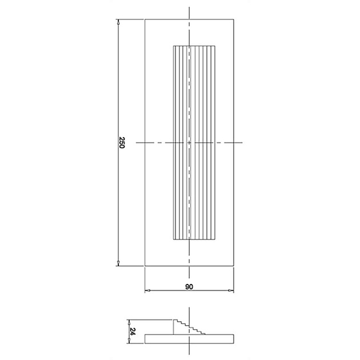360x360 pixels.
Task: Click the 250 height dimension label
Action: (122, 142)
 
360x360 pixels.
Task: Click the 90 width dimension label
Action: (189, 286)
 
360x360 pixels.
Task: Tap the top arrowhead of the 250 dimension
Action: (118, 21)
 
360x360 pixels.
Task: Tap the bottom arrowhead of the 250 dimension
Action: (118, 264)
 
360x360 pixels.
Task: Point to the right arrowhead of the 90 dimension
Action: (233, 291)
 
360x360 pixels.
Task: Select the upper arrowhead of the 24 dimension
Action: (129, 320)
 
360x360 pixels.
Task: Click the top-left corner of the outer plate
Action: (145, 19)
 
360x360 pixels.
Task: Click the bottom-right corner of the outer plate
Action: (234, 266)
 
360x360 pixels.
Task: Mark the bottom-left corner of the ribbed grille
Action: (173, 241)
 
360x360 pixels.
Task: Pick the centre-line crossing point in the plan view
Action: (189, 142)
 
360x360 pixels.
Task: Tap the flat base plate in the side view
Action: (189, 338)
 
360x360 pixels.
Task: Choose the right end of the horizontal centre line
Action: (243, 142)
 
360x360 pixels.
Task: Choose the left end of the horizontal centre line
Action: (137, 142)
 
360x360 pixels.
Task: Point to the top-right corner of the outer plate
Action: (234, 19)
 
